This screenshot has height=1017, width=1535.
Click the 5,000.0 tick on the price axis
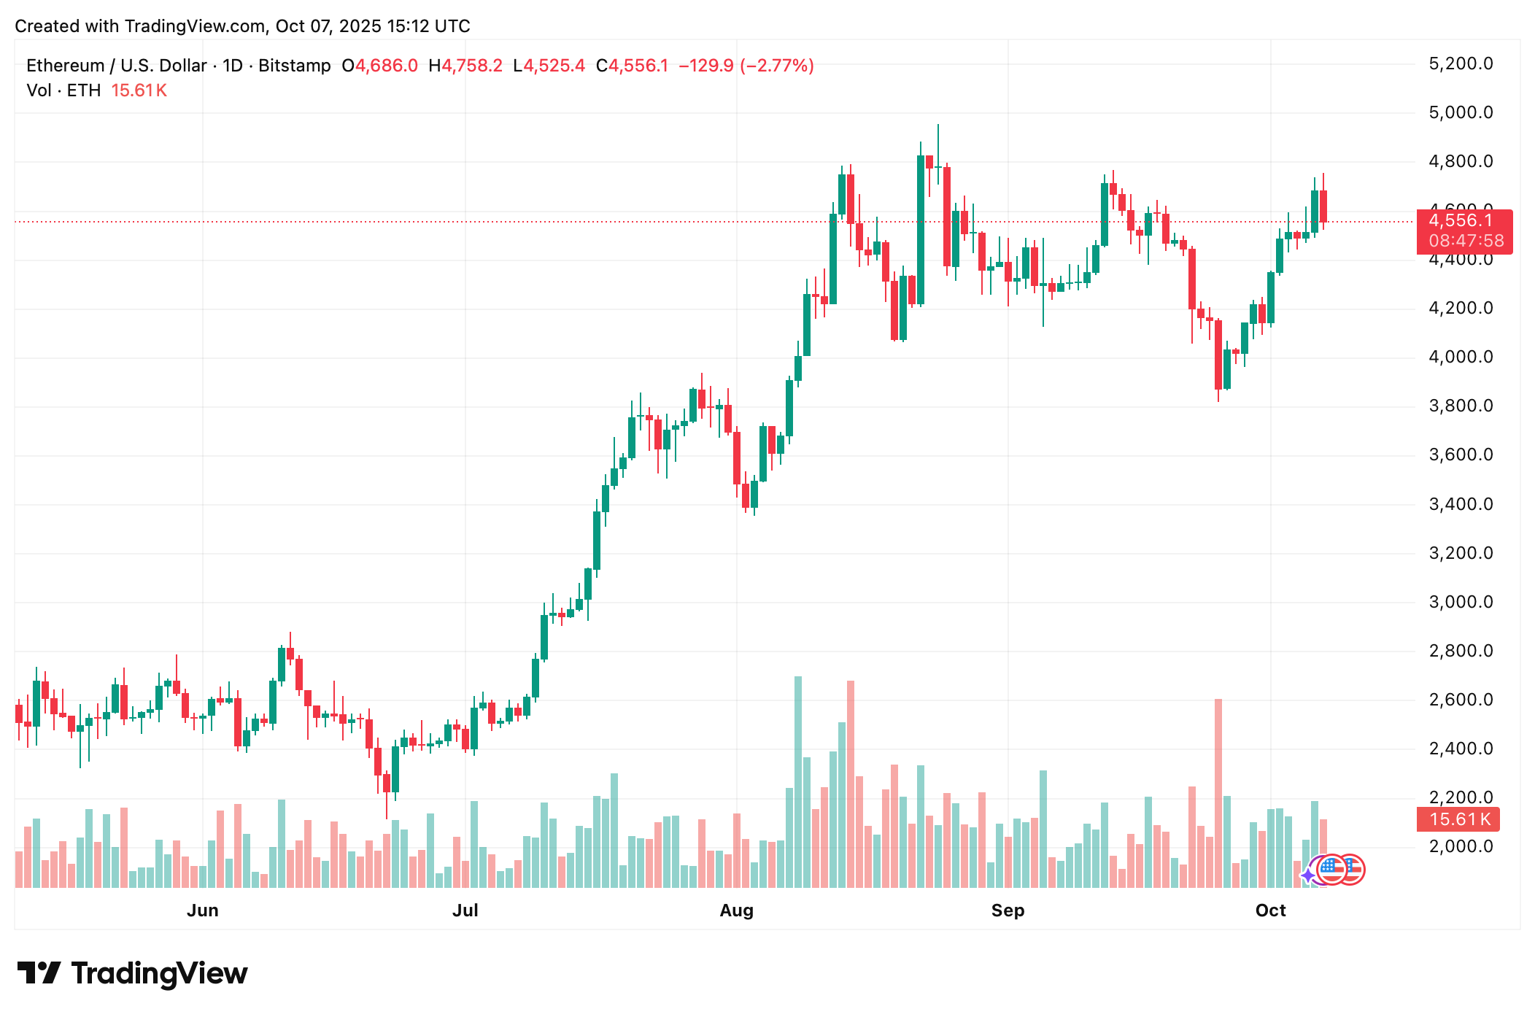[1460, 112]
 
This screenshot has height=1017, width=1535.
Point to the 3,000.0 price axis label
[1460, 602]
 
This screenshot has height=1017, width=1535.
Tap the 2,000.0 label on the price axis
[1460, 846]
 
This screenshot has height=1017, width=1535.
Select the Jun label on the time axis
[203, 910]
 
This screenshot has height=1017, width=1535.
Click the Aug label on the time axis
[736, 910]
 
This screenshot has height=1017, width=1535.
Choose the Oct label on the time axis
[1270, 910]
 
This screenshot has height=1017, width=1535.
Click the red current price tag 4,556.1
[1461, 221]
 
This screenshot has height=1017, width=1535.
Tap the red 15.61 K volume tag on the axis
[1458, 819]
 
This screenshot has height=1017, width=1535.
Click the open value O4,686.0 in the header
[379, 66]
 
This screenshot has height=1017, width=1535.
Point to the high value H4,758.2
[465, 66]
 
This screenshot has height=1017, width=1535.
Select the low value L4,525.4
[549, 66]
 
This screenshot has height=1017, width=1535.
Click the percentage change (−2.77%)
[777, 66]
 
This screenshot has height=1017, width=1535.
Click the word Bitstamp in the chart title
[295, 66]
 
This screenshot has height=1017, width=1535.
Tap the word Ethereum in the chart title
[65, 66]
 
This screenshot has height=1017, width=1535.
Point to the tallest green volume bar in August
[798, 781]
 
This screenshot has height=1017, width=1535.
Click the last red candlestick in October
[1323, 206]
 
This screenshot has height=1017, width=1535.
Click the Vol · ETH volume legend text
[63, 90]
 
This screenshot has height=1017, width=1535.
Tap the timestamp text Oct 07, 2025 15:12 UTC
[373, 26]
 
